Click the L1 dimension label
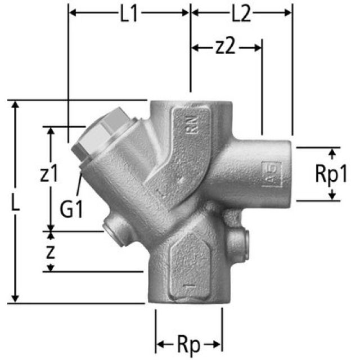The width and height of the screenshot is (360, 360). (129, 13)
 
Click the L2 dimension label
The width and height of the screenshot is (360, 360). (241, 13)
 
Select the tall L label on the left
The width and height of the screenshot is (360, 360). (16, 203)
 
